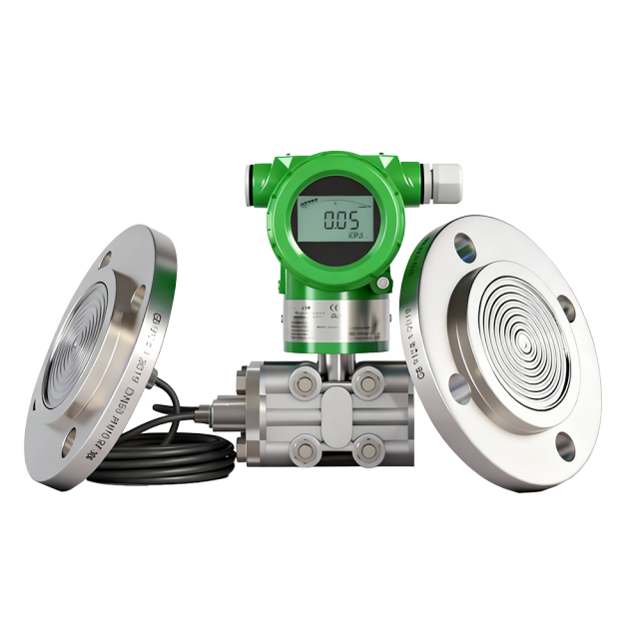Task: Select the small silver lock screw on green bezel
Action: point(381,285)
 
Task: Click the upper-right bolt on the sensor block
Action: point(367,379)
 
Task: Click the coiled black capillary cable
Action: point(160,454)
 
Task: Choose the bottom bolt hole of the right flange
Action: point(565,444)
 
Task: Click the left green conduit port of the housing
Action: point(257,180)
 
